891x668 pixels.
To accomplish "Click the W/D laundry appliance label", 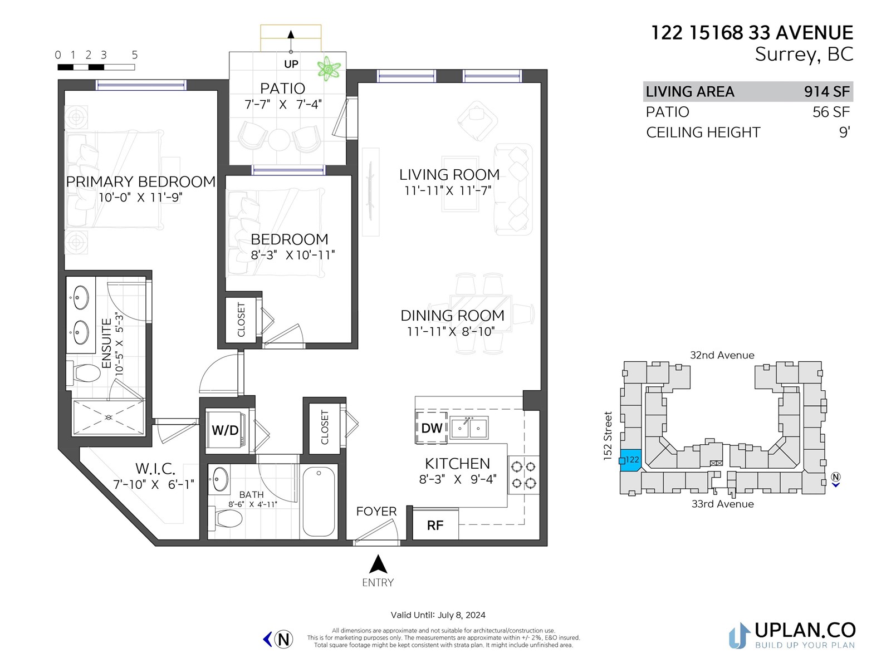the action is pos(225,430).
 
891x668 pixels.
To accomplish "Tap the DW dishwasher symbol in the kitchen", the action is pos(431,428).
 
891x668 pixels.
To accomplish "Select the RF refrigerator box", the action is pos(435,525).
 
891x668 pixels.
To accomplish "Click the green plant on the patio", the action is pos(329,68).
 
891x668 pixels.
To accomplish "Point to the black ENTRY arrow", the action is pos(378,564).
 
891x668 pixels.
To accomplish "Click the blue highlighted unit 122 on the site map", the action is pos(630,460).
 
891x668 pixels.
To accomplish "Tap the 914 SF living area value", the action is pos(826,92).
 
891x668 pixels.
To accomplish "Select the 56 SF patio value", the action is pos(830,112).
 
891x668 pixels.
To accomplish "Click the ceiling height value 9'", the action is pos(844,132).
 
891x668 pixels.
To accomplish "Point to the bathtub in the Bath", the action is pos(319,501).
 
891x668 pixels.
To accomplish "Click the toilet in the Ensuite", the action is pos(86,373).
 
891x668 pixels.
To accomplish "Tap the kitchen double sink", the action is pos(469,428).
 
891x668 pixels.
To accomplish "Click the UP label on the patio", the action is pos(291,64).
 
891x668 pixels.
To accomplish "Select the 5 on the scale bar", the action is pos(135,55).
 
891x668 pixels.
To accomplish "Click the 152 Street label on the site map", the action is pos(608,436).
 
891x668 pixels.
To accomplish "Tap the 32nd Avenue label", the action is pos(722,355).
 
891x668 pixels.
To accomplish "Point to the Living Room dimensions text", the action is pos(448,190).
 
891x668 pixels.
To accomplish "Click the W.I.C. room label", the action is pos(155,469).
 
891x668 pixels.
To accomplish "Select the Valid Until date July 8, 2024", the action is pos(462,615).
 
